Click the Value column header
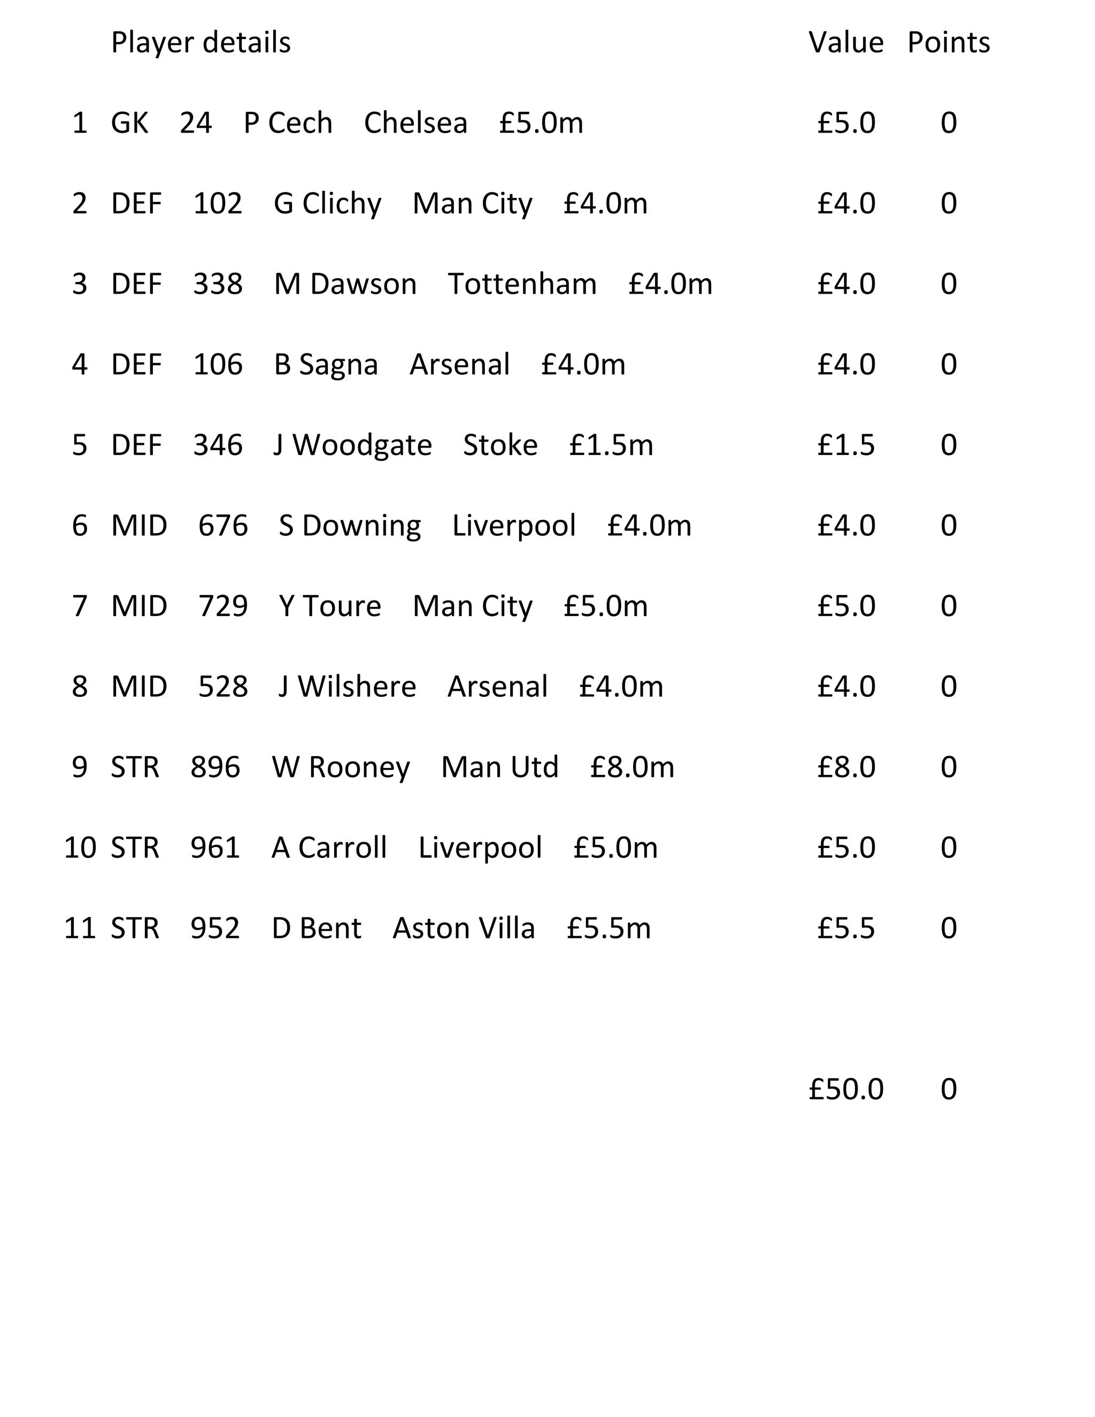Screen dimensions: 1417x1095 click(845, 43)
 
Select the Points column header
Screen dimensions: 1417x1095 click(948, 43)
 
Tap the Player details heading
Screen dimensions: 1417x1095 click(201, 43)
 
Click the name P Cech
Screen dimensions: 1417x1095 click(288, 124)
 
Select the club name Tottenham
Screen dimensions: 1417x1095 click(522, 284)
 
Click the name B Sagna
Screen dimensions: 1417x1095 click(326, 365)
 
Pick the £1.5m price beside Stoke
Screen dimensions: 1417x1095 click(611, 445)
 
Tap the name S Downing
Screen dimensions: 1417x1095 click(350, 526)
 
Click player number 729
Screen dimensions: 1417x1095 click(222, 606)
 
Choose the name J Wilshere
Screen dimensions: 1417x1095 click(347, 687)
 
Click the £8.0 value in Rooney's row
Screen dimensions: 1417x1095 click(845, 767)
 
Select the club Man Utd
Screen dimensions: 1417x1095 click(499, 767)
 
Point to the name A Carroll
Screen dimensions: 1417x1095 click(329, 848)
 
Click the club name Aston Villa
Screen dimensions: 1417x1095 click(464, 928)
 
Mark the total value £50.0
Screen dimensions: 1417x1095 click(845, 1089)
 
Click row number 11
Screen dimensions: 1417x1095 click(79, 928)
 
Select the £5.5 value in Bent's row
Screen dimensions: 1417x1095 click(845, 928)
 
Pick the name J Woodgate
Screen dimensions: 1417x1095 click(352, 445)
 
